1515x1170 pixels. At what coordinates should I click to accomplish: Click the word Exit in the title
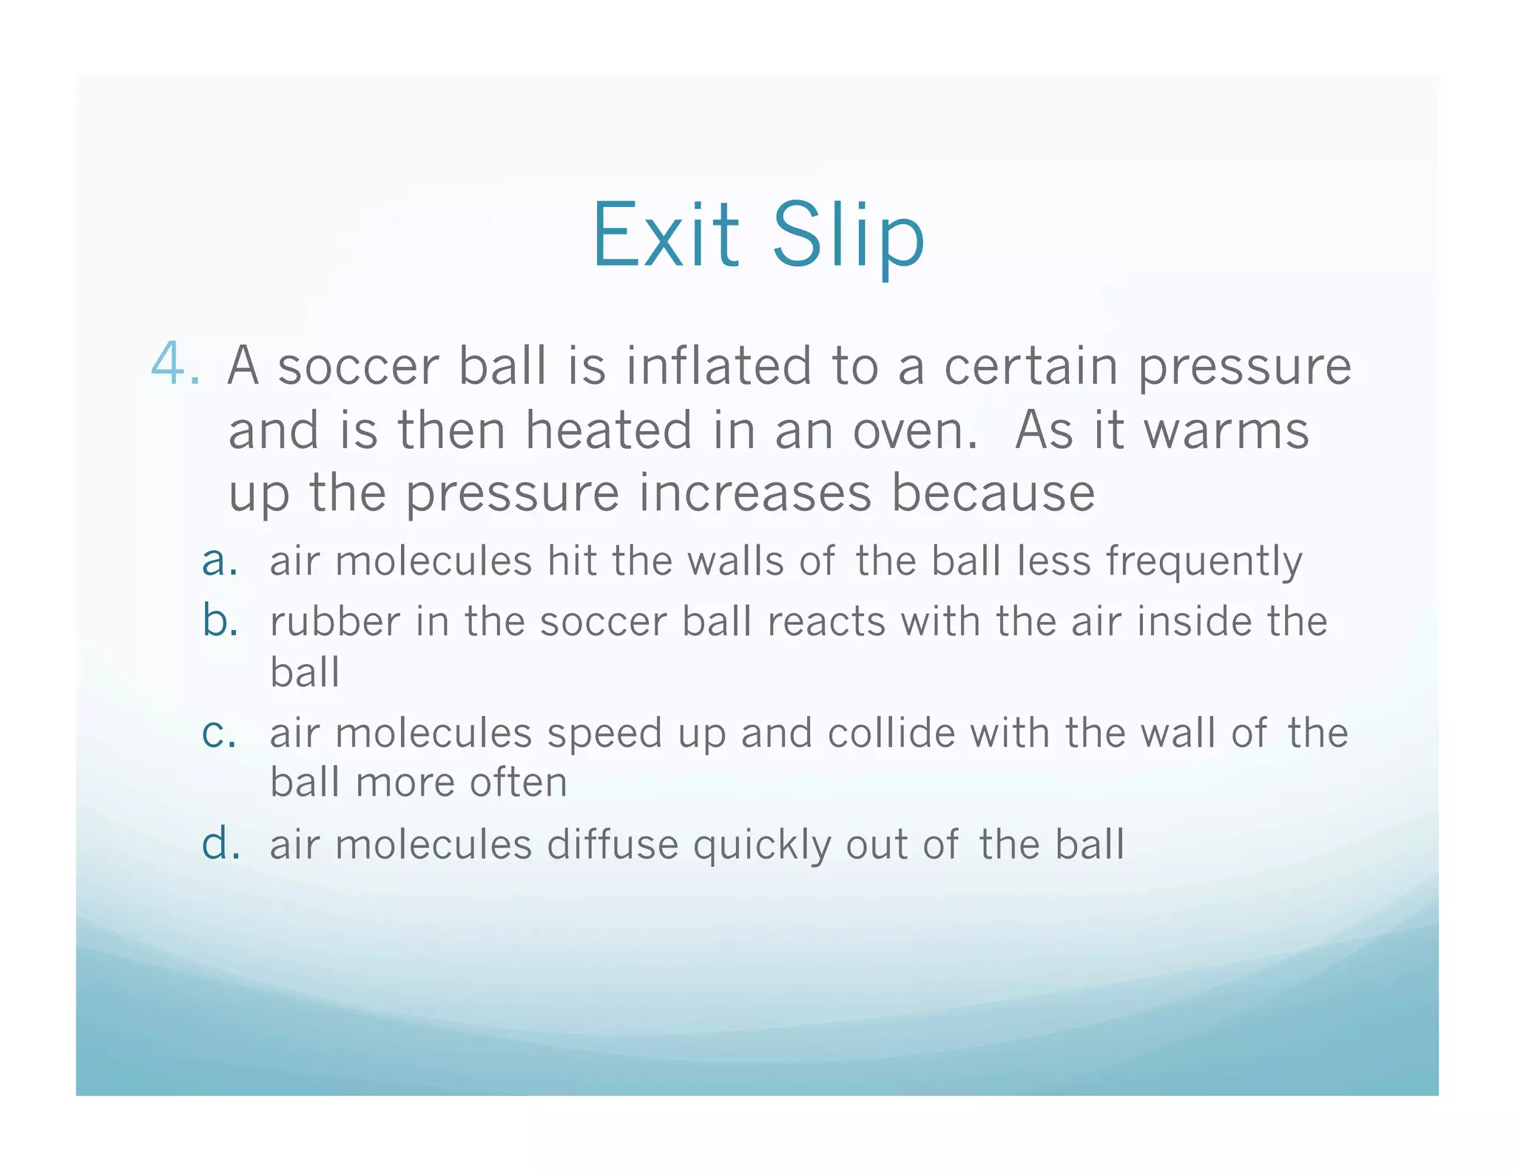click(x=665, y=235)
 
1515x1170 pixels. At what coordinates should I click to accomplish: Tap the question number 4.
click(x=175, y=365)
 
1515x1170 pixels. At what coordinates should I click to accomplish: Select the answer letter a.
click(x=219, y=561)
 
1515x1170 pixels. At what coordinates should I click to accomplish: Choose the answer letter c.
click(x=218, y=733)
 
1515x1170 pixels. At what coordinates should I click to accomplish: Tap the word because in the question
click(x=993, y=493)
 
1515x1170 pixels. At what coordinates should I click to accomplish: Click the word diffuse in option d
click(x=612, y=845)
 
